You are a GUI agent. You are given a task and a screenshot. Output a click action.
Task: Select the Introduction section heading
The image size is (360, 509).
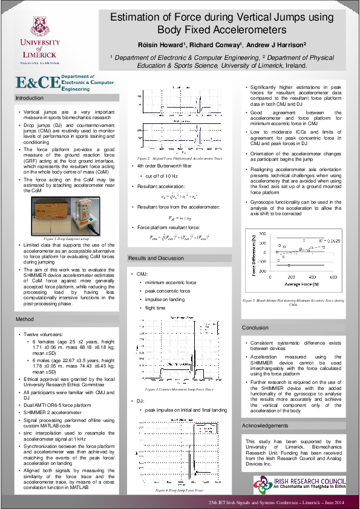30,98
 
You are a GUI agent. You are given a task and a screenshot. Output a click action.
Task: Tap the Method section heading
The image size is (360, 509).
25,319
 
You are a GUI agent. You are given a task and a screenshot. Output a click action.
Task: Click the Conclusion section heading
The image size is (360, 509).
255,328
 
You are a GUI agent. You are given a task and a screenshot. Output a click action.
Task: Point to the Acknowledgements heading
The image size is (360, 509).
266,409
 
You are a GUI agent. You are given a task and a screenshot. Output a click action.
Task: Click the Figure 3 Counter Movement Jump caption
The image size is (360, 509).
181,390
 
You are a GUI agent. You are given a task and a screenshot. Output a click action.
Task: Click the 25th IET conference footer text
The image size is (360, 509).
276,502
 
